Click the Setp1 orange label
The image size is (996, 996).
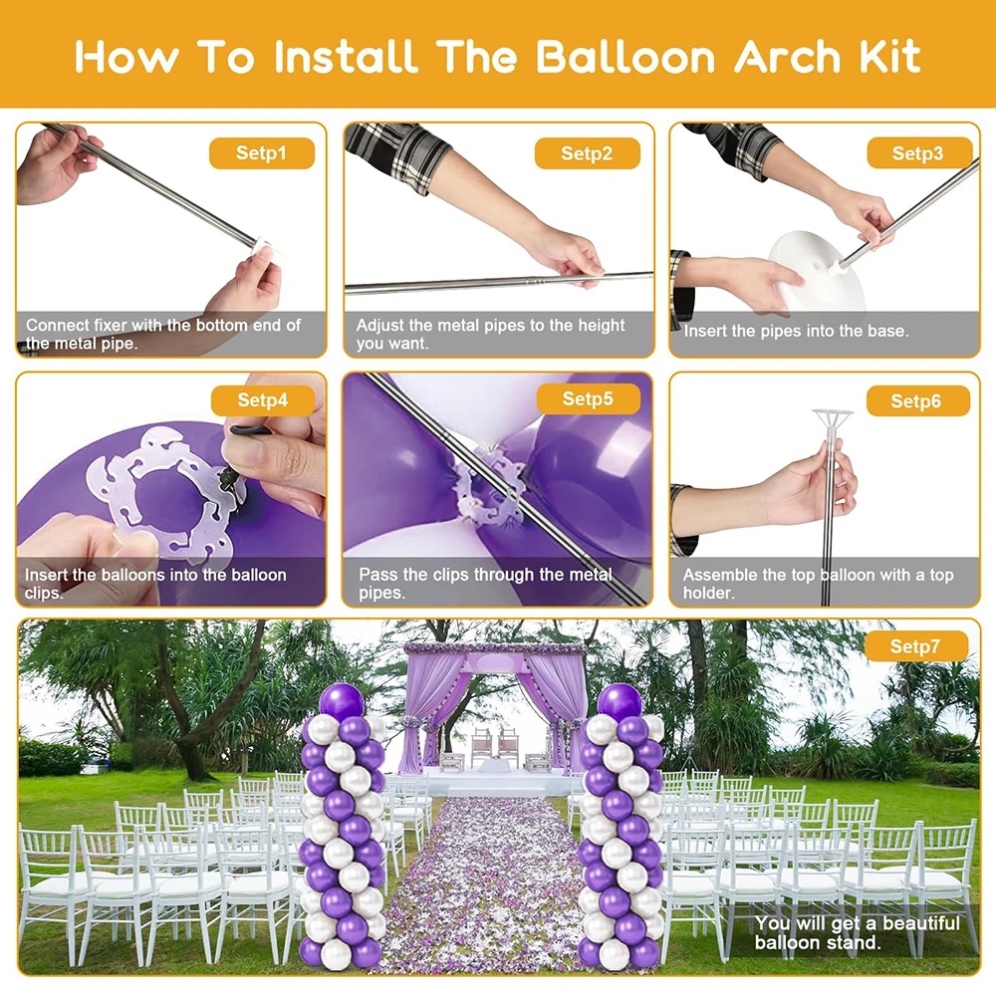coord(261,153)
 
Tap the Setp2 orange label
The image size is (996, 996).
coord(587,153)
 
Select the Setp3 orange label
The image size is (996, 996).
coord(917,153)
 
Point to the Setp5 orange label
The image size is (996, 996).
coord(588,399)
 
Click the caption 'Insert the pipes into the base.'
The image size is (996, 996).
coord(796,331)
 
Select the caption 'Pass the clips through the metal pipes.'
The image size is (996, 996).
coord(485,584)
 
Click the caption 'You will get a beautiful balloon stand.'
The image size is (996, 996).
coord(857,933)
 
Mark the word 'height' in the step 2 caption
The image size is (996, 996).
coord(601,326)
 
